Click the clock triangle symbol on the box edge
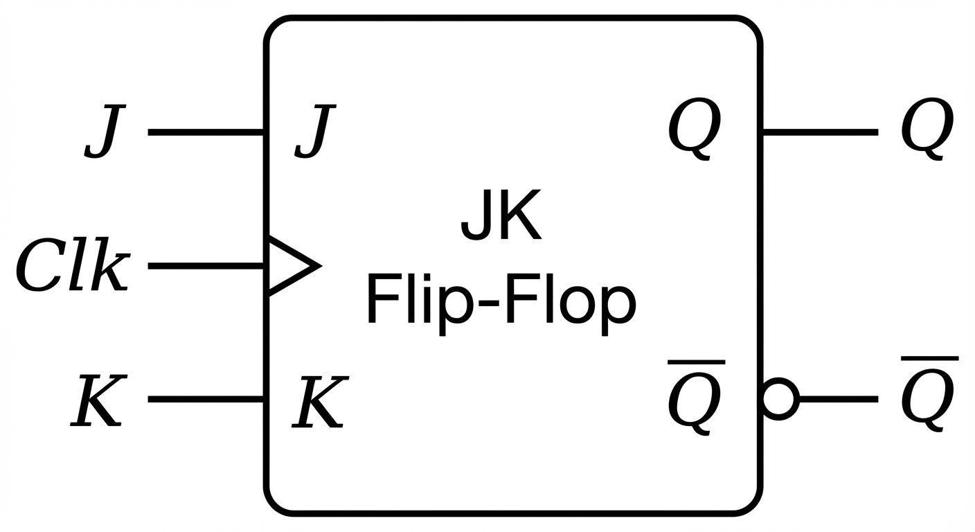[x=291, y=266]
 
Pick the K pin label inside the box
[x=319, y=402]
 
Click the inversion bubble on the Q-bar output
[x=780, y=400]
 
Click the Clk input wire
[x=206, y=266]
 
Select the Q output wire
[x=820, y=132]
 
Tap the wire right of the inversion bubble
[x=838, y=400]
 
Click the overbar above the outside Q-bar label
[x=929, y=359]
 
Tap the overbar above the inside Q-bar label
[x=696, y=362]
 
